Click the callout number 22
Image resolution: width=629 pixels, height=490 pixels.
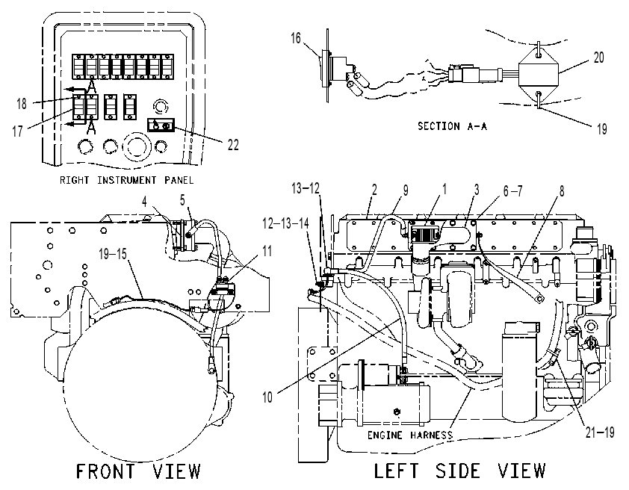coord(233,145)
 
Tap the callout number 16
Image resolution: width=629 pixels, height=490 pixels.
coord(296,38)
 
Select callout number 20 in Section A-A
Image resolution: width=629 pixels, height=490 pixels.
coord(598,58)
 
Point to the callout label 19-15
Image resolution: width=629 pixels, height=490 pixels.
coord(113,254)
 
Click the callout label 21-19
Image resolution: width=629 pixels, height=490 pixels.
coord(600,432)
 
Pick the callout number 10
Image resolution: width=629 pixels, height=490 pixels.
coord(267,397)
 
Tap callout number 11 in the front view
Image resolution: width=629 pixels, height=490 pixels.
coord(267,252)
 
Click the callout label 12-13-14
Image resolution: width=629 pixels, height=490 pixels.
coord(285,223)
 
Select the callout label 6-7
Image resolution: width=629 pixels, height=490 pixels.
coord(513,191)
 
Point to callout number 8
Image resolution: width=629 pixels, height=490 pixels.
coord(562,191)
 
